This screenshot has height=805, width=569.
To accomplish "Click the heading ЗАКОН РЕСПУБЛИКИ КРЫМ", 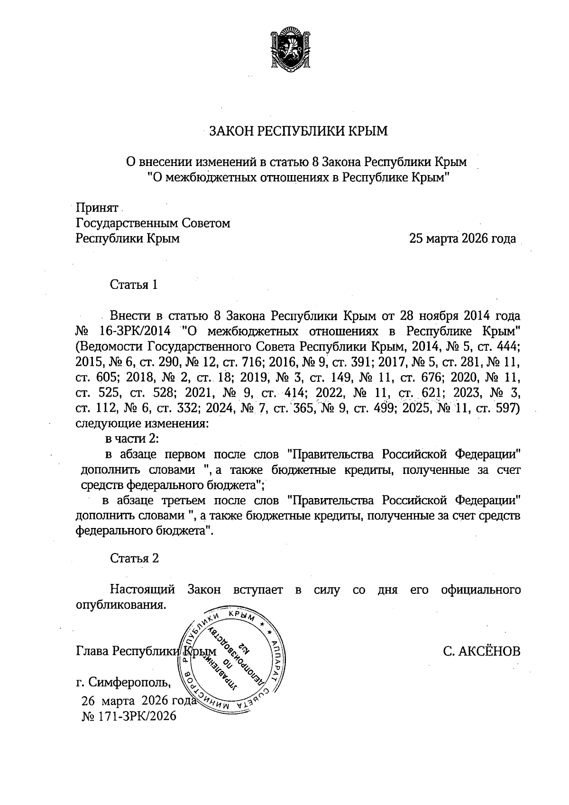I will [x=299, y=130].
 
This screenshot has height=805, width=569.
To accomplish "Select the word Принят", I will [x=97, y=208].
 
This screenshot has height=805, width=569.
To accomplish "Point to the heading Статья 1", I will [x=134, y=285].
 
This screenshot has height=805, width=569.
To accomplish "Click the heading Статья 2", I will [x=134, y=558].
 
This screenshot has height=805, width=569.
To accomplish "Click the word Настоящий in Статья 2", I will [x=143, y=590].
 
